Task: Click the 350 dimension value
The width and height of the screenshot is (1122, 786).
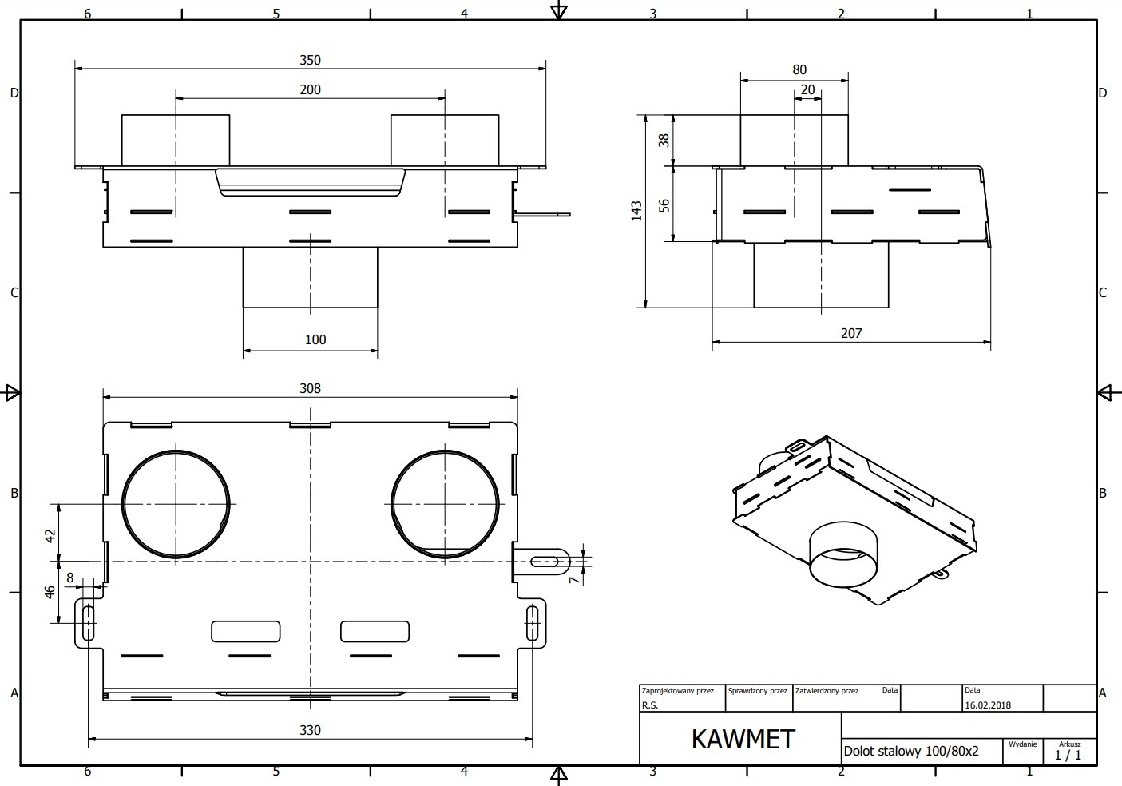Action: (310, 60)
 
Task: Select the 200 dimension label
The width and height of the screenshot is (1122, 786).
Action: (310, 89)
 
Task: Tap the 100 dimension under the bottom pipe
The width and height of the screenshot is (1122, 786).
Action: (315, 339)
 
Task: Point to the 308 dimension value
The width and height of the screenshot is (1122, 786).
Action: (310, 388)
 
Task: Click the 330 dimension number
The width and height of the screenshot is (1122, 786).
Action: (310, 730)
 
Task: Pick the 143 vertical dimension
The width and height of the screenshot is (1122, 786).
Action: (636, 211)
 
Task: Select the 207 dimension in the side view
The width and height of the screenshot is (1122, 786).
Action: (851, 333)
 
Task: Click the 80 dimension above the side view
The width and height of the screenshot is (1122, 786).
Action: (799, 69)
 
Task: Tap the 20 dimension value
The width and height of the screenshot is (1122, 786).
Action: (807, 89)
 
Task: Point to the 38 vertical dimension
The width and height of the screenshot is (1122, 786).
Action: (664, 141)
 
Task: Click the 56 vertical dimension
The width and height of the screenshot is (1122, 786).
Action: (664, 206)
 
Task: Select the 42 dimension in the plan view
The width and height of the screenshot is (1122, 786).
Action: (50, 536)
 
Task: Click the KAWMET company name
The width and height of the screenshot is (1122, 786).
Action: (743, 740)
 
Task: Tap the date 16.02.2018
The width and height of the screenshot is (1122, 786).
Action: (988, 705)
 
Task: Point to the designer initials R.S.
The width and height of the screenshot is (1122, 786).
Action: (650, 705)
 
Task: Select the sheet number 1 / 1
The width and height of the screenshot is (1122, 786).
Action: (1068, 755)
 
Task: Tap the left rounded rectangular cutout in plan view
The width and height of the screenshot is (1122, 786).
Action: (245, 631)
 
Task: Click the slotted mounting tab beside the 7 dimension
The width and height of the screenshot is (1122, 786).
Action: (541, 562)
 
